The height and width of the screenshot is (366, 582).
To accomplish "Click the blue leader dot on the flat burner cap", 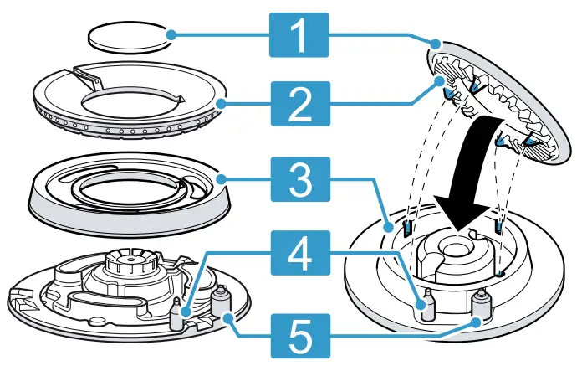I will point(170,35).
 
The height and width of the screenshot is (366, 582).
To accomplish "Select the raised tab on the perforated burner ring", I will point(87,78).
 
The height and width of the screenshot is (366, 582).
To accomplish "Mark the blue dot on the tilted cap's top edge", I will point(435,43).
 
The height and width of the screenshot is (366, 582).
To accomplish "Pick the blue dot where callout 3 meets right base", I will point(386,226).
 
